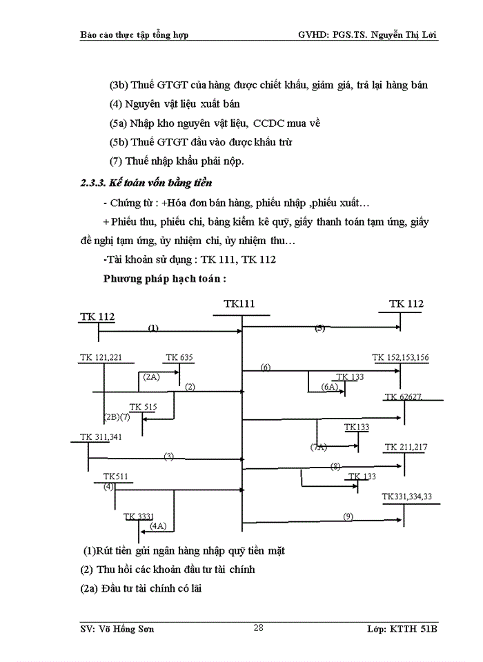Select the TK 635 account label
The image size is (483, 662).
click(179, 357)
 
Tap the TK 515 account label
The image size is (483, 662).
click(144, 407)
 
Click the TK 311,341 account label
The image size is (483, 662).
click(101, 437)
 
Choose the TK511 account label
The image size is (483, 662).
click(115, 477)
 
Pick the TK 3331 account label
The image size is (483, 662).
click(139, 516)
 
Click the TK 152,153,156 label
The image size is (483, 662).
click(400, 357)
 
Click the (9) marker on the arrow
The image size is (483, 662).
click(348, 516)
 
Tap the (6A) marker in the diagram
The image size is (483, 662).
click(329, 388)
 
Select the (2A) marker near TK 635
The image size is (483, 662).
click(152, 377)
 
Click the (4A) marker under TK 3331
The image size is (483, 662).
click(158, 526)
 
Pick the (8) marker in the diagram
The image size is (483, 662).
click(336, 466)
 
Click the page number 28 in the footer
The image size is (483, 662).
click(259, 627)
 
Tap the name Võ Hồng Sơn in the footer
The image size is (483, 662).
click(125, 630)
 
